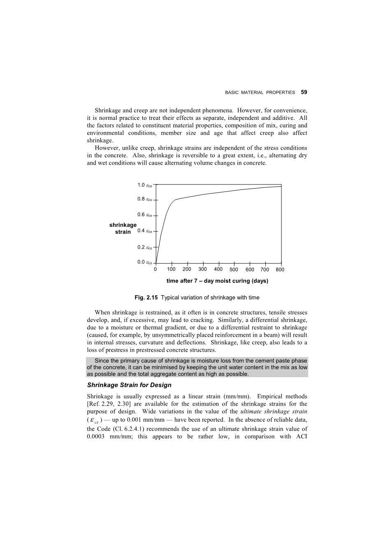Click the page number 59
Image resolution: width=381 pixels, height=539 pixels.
(x=304, y=93)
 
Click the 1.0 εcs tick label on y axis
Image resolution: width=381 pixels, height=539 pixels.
(x=145, y=185)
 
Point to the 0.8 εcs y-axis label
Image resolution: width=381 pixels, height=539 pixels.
(x=145, y=199)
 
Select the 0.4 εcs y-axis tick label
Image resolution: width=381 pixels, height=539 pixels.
(x=145, y=231)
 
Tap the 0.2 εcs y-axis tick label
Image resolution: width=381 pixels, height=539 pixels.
(x=145, y=247)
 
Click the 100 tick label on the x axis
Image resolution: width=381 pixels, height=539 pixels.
(x=171, y=270)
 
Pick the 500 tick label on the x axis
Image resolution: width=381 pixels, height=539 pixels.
(x=234, y=270)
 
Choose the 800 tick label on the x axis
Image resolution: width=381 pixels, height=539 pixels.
(x=280, y=270)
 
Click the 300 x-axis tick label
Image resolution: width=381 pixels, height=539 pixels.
(x=202, y=270)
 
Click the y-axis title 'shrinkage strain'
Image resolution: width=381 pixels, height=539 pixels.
(x=123, y=229)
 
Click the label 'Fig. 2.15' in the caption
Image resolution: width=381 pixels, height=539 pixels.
(x=146, y=298)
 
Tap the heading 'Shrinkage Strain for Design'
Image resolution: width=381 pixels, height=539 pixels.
(x=129, y=385)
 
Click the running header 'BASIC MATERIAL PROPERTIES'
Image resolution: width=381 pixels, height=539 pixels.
(x=260, y=93)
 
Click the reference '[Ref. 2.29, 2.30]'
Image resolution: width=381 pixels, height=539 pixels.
(x=109, y=404)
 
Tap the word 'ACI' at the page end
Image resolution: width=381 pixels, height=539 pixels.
(x=302, y=437)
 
